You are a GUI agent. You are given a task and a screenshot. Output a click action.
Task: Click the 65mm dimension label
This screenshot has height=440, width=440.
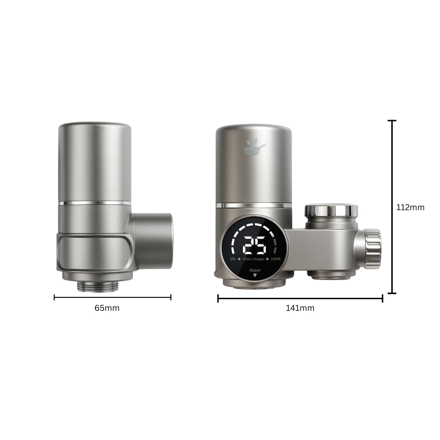[107, 308]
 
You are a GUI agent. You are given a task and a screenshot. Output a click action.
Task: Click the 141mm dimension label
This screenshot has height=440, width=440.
[300, 308]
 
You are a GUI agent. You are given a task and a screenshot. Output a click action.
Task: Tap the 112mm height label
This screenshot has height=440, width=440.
[410, 207]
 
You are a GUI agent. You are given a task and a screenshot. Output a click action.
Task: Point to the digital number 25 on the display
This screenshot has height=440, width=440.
[254, 245]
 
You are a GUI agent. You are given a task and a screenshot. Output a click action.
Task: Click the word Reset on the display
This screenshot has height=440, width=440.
[255, 270]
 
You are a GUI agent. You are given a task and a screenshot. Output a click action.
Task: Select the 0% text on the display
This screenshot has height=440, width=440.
[233, 259]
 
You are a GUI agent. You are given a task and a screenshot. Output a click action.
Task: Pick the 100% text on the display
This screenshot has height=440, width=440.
[276, 259]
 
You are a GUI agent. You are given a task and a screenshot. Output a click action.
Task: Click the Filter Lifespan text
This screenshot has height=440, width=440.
[253, 259]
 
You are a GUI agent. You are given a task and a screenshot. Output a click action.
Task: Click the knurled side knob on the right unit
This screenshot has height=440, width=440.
[372, 249]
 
